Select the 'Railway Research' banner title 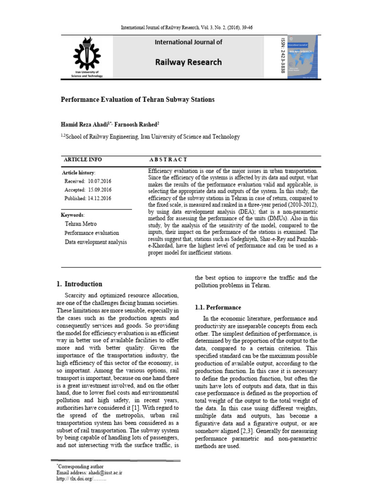click(188, 62)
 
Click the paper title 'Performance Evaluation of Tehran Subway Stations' click(137, 99)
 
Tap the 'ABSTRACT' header click(168, 160)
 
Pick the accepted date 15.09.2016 click(99, 190)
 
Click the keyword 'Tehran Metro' click(80, 224)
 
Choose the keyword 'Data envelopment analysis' click(95, 242)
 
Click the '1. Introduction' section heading click(79, 284)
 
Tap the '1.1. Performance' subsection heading click(218, 307)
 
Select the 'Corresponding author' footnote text click(81, 466)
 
